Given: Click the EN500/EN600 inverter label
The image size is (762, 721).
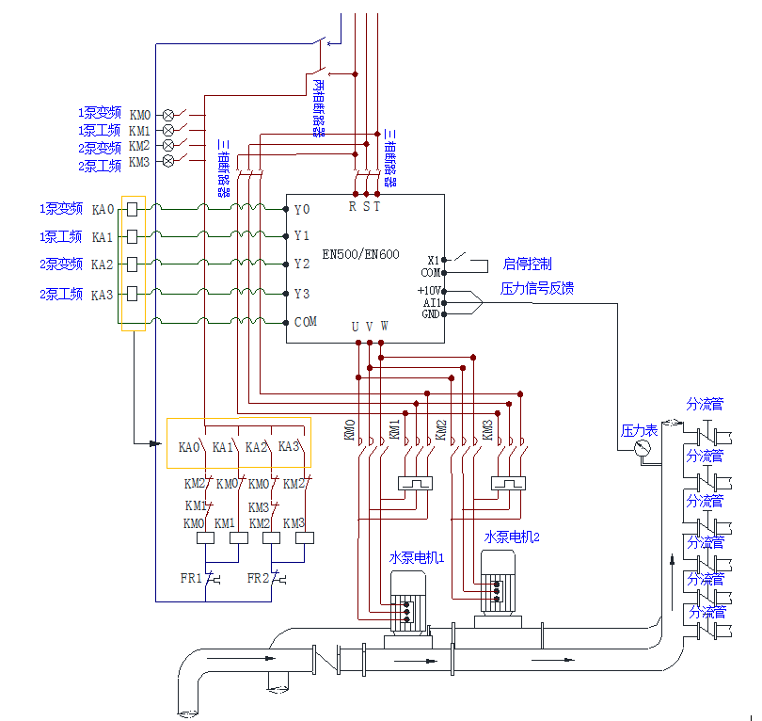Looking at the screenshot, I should pyautogui.click(x=360, y=253).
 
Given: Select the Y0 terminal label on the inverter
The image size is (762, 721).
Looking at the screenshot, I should pyautogui.click(x=301, y=209).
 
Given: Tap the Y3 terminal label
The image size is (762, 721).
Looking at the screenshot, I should pyautogui.click(x=301, y=294).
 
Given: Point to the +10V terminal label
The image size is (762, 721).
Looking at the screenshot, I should pyautogui.click(x=429, y=291).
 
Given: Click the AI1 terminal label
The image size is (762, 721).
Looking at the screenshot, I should pyautogui.click(x=432, y=303).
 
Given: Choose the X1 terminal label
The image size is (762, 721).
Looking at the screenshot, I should pyautogui.click(x=434, y=260).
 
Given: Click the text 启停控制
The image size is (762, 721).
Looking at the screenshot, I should pyautogui.click(x=527, y=264).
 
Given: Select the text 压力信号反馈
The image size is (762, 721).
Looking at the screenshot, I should pyautogui.click(x=536, y=288).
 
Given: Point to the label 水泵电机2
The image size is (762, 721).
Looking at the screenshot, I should pyautogui.click(x=511, y=537).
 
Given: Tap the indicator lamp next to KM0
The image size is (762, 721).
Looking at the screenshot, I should pyautogui.click(x=169, y=115).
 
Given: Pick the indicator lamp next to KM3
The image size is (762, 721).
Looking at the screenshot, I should pyautogui.click(x=169, y=162).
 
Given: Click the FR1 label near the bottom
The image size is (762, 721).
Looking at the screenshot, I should pyautogui.click(x=191, y=578).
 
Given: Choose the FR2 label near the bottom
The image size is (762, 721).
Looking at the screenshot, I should pyautogui.click(x=258, y=578).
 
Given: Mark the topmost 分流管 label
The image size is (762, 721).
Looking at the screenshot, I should pyautogui.click(x=705, y=405).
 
